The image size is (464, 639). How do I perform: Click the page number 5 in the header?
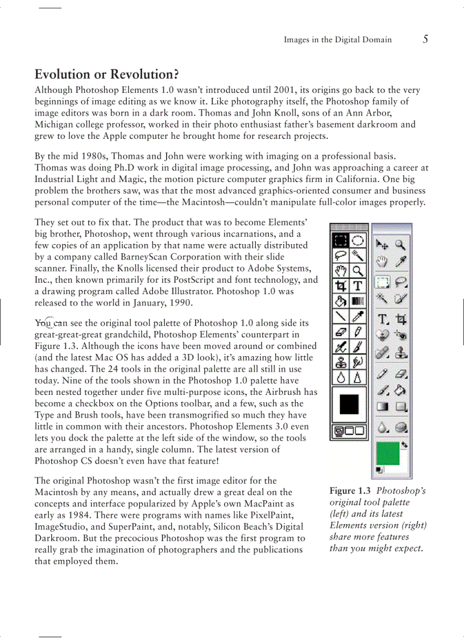tap(425, 39)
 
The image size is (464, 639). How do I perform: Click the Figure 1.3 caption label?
tap(350, 490)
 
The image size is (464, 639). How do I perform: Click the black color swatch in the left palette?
tap(349, 405)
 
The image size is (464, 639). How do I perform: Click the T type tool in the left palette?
tap(358, 285)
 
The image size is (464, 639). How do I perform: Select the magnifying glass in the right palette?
tap(401, 245)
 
